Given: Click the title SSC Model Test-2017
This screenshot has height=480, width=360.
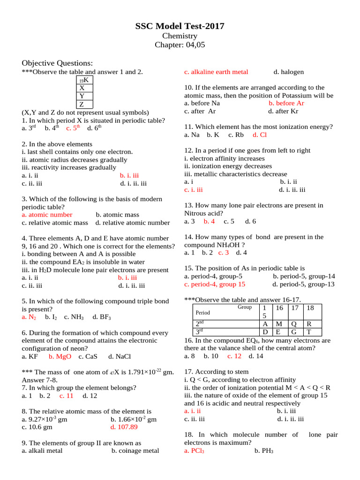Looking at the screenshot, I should tap(180, 26).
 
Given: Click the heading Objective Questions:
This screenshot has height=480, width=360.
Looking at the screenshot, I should tap(57, 63).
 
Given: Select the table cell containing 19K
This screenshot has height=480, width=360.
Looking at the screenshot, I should tap(84, 80).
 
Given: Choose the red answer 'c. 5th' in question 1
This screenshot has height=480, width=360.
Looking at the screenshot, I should tap(73, 127).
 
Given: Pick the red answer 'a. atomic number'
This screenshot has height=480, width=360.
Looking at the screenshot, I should tap(47, 215).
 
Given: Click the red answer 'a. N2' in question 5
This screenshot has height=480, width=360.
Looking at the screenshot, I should tap(29, 317).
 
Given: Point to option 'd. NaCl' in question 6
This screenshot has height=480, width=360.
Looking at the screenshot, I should tap(119, 356).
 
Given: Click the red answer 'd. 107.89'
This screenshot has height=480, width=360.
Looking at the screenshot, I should tap(124, 427).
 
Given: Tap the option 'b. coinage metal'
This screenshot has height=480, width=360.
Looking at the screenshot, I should tap(135, 451).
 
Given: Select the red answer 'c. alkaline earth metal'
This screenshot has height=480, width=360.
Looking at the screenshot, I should tap(216, 72).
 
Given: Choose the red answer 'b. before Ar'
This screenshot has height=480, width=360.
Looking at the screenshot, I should tap(286, 103).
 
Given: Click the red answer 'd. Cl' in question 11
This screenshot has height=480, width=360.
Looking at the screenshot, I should tap(259, 135).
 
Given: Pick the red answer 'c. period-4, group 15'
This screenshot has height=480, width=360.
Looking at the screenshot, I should tap(215, 284).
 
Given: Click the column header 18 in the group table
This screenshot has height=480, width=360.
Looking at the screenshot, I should tap(310, 307).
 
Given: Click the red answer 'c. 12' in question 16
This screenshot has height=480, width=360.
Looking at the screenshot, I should tap(234, 356).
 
